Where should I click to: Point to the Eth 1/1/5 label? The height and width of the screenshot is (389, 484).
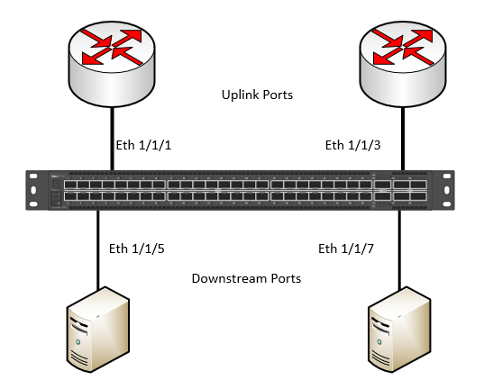135,248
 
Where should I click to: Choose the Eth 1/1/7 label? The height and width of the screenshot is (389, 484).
347,248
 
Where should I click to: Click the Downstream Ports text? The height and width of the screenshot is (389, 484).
246,278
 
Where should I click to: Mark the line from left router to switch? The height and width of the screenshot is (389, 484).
112,135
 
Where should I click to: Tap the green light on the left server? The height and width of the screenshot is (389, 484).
79,343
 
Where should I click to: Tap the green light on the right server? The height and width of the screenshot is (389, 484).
379,343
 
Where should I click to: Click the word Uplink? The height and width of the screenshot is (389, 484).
237,94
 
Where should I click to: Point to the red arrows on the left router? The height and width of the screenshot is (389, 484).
112,47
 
